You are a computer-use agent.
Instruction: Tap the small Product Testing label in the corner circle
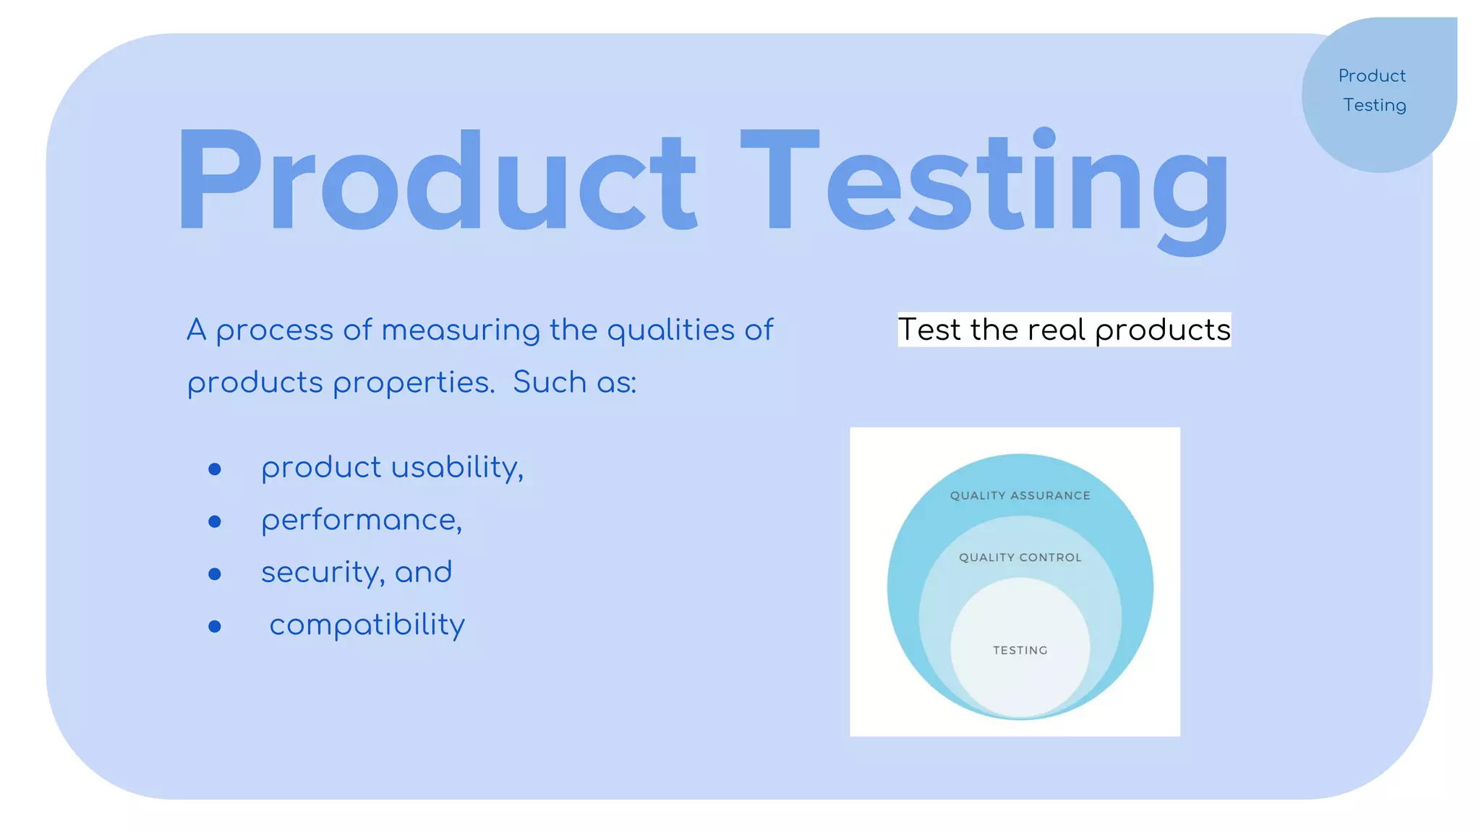[x=1373, y=90]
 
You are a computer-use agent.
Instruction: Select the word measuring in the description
[x=461, y=330]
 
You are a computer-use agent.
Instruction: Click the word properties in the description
[x=414, y=383]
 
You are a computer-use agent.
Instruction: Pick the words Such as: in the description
[x=575, y=383]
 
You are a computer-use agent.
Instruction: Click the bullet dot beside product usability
[x=215, y=469]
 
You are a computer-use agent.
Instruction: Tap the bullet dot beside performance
[x=215, y=521]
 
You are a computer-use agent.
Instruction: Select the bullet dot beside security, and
[x=215, y=574]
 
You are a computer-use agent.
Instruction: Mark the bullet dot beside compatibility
[x=215, y=626]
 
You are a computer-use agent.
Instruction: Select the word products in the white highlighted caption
[x=1162, y=331]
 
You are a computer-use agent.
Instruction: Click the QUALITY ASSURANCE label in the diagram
[x=1020, y=495]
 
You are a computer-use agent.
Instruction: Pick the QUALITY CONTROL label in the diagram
[x=1020, y=558]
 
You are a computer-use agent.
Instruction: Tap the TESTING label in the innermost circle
[x=1020, y=650]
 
